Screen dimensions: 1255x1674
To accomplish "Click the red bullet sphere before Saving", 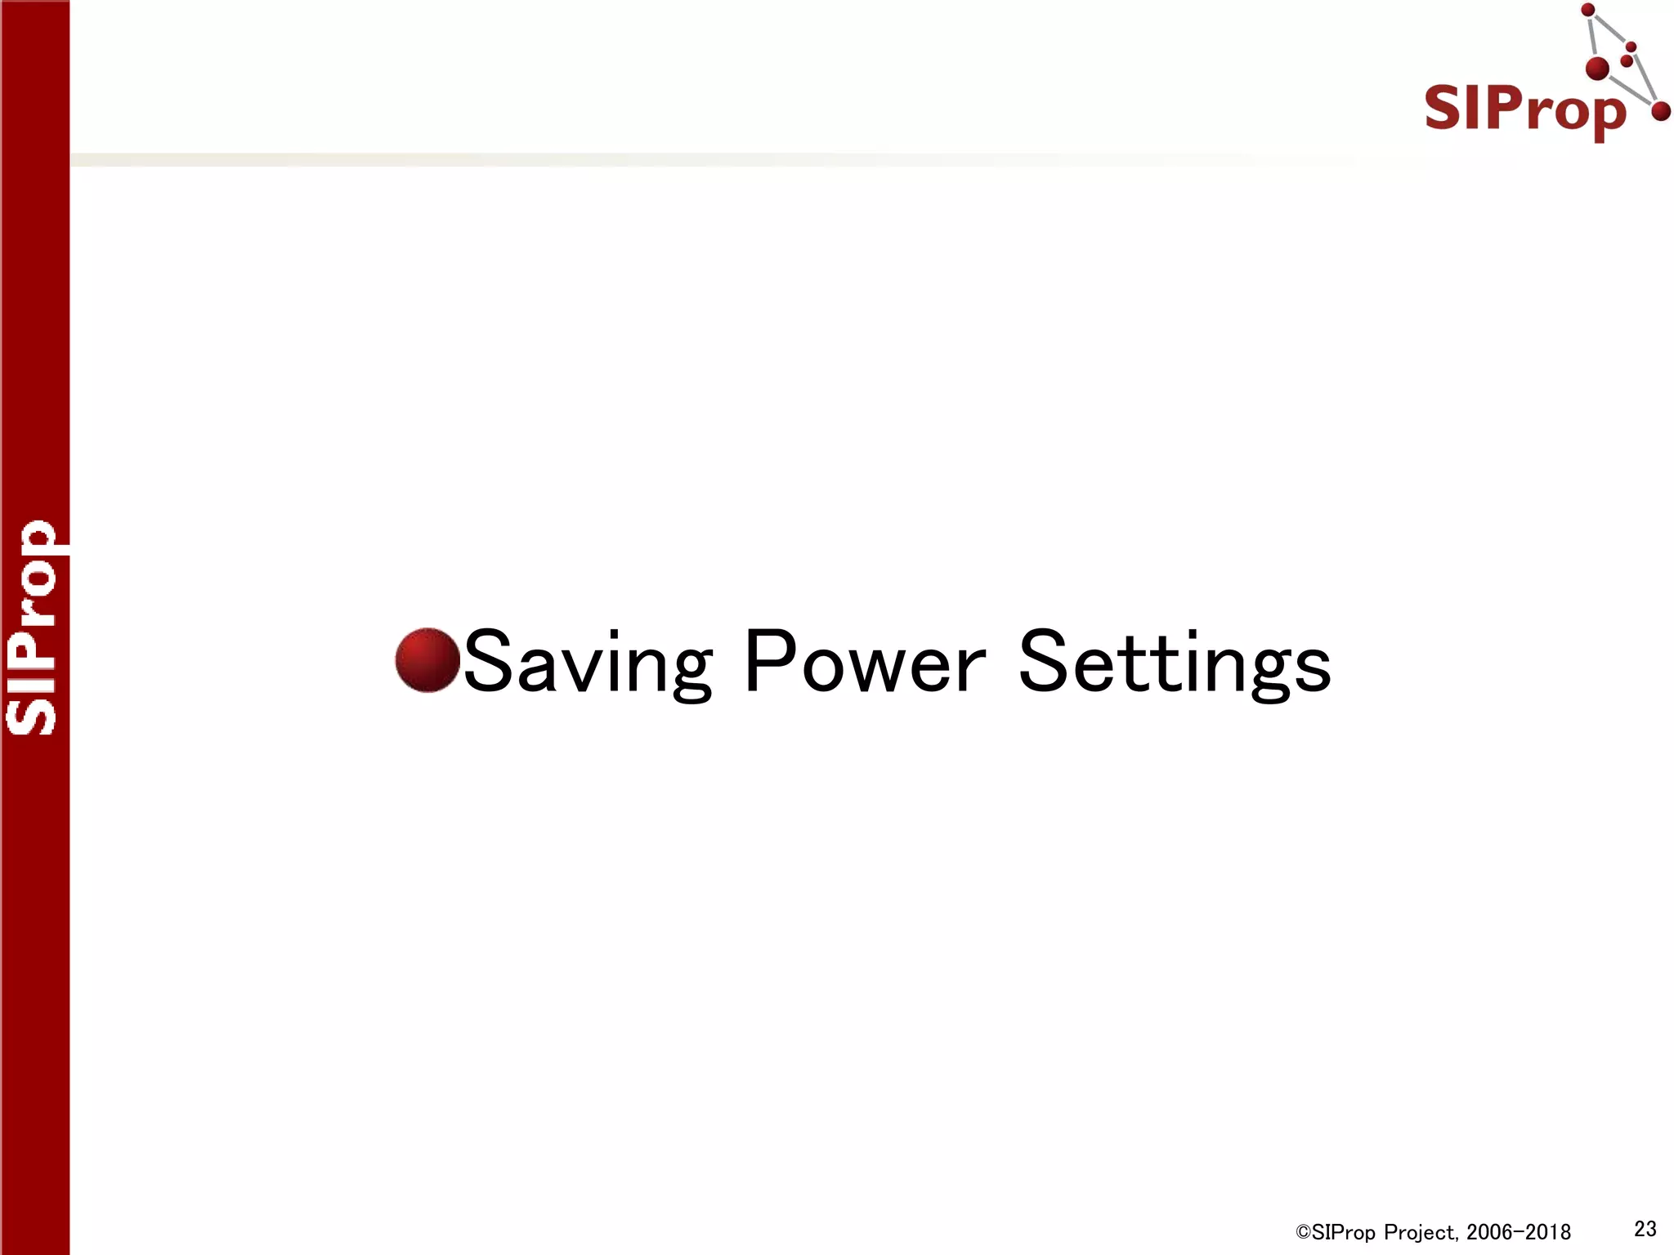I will pos(427,660).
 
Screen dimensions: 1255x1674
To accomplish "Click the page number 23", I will pos(1645,1228).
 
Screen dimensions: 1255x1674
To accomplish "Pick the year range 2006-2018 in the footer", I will pos(1519,1232).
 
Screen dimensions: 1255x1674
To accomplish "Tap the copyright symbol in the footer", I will pos(1303,1232).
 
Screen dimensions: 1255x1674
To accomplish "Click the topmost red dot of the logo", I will pos(1588,11).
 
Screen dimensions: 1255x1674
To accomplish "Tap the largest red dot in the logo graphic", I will pos(1597,69).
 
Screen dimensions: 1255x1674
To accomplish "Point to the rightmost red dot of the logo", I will pos(1660,111).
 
